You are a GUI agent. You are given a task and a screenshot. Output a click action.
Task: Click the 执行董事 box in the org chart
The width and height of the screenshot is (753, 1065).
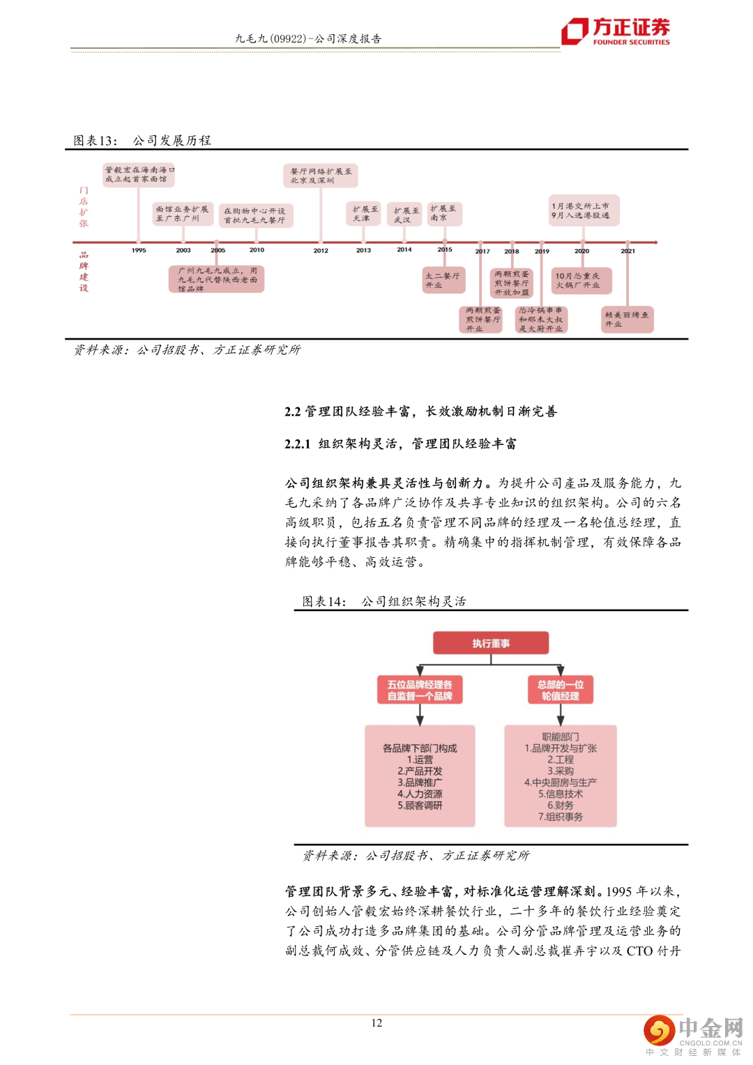pos(490,643)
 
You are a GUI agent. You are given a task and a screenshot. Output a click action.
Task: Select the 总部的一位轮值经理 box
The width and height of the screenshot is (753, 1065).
pos(560,690)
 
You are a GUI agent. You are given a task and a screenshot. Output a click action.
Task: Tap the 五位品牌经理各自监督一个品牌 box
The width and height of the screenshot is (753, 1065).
pos(420,690)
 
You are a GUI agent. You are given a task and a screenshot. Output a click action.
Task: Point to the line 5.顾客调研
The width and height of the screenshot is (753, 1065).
pos(420,806)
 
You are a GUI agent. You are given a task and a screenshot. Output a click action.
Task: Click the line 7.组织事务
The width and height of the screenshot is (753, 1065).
pos(560,817)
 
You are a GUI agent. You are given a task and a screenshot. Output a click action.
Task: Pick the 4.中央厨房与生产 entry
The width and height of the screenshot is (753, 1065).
pos(560,783)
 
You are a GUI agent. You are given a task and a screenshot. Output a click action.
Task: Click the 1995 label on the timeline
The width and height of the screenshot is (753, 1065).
pos(139,250)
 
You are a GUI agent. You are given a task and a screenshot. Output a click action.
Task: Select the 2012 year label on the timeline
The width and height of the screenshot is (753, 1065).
pos(321,250)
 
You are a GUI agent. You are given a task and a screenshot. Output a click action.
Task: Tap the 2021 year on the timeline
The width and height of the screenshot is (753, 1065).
pos(627,251)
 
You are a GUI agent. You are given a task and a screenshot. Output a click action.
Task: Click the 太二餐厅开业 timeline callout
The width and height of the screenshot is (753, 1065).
pos(442,280)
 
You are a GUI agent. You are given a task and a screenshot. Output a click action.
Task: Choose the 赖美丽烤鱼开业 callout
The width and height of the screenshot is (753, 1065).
pos(627,319)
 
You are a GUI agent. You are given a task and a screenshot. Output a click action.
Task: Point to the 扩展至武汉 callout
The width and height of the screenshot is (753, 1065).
pos(406,215)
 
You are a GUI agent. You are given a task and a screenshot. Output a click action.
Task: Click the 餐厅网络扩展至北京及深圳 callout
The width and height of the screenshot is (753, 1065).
pos(321,176)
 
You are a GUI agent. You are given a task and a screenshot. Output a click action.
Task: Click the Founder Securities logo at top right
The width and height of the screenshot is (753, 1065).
pos(616,31)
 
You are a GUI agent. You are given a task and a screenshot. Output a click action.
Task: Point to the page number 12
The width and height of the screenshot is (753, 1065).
pos(376,1022)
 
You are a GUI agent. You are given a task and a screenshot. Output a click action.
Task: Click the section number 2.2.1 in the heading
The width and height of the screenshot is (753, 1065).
pos(297,444)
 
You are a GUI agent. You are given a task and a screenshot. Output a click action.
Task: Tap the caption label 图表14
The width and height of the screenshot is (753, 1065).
pos(324,601)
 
